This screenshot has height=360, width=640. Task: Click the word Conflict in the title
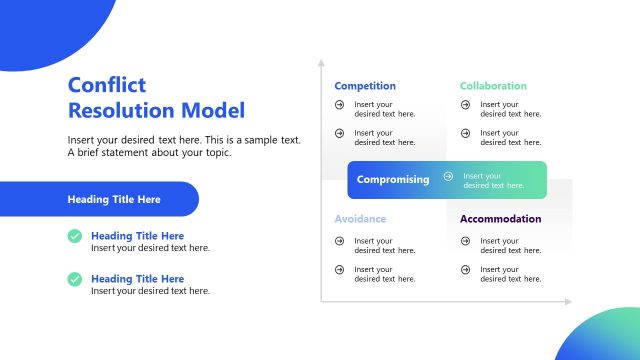coord(107,85)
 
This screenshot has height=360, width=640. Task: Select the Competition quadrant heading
coord(365,86)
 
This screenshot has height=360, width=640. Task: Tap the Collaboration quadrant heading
coord(493,86)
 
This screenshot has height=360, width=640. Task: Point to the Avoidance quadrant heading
coord(360,219)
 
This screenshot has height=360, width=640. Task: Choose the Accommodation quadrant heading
coord(500,219)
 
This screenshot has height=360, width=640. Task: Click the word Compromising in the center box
coord(393,180)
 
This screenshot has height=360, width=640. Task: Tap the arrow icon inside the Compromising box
coord(448,177)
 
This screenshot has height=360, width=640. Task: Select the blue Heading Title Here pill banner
coord(99,199)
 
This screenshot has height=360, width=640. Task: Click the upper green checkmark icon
coord(75,236)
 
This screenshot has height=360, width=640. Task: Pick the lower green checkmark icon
coord(75,279)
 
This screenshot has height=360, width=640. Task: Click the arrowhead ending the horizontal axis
coord(569,300)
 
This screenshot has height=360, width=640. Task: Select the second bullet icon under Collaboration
coord(466,133)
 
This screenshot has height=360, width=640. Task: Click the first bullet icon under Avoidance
coord(340,241)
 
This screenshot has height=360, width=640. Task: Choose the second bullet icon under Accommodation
coord(466,269)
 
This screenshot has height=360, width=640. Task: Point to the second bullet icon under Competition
coord(340,133)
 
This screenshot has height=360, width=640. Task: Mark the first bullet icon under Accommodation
coord(466,241)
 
